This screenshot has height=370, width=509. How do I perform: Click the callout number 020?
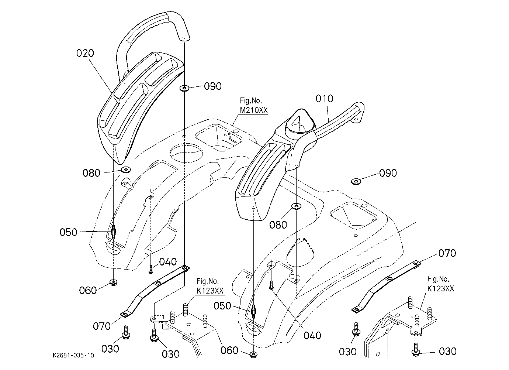click(85, 53)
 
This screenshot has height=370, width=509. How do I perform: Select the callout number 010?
click(325, 99)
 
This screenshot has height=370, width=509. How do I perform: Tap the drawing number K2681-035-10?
click(73, 355)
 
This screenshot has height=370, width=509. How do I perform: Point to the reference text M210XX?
click(254, 110)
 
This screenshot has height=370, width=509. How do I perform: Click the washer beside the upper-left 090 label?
click(184, 88)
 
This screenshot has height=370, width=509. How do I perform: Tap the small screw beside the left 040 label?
click(151, 270)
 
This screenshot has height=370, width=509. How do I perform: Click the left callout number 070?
click(101, 326)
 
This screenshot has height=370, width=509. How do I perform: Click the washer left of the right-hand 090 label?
click(356, 181)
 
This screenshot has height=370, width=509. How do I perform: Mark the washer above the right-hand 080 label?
click(296, 206)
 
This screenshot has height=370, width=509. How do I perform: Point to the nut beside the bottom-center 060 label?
click(253, 354)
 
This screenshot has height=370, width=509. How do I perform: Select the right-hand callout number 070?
click(447, 253)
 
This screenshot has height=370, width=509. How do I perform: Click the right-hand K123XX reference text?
click(441, 289)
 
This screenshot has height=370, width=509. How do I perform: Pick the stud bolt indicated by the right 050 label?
click(253, 311)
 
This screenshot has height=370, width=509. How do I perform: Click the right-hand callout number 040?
click(312, 335)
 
